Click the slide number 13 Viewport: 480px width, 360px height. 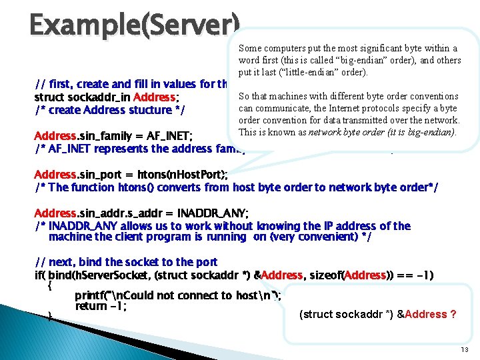tap(465, 350)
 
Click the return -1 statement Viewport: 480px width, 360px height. tap(101, 307)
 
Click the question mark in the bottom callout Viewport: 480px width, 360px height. tap(453, 314)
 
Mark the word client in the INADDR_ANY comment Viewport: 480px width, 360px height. tap(135, 237)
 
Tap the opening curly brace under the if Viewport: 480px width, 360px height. tap(50, 285)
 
